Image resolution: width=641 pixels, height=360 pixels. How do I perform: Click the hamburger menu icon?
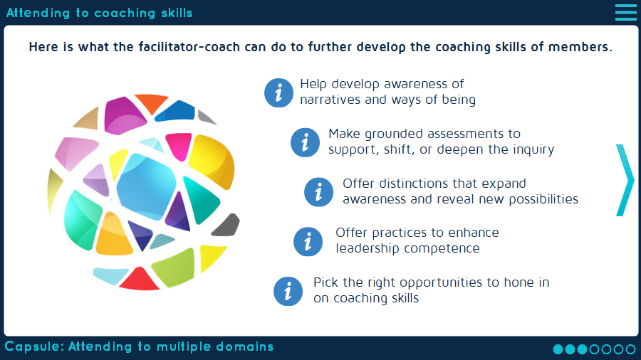pos(625,12)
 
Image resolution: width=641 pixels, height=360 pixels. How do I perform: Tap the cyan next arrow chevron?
pos(625,180)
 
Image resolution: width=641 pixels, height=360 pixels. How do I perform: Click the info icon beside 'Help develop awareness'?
pos(279,92)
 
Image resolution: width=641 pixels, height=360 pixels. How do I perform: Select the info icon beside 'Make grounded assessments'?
pos(306,142)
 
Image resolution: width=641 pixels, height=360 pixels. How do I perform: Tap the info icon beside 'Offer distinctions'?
pos(319,191)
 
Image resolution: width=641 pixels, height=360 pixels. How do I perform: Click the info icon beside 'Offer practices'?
pos(308,241)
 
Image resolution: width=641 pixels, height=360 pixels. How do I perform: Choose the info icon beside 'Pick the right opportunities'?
pos(288,290)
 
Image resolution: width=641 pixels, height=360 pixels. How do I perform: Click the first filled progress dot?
pos(558,349)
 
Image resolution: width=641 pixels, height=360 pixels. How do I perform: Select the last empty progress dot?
pos(630,349)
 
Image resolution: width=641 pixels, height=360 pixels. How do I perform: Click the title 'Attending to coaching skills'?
pos(100,13)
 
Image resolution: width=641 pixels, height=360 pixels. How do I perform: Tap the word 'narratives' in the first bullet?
pos(330,100)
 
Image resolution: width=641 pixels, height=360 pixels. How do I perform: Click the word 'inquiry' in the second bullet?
pos(533,149)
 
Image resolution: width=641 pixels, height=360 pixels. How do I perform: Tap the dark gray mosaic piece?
pos(226,225)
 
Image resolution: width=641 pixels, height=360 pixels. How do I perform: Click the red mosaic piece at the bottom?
pos(139,279)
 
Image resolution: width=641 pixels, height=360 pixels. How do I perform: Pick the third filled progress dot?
pos(582,349)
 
